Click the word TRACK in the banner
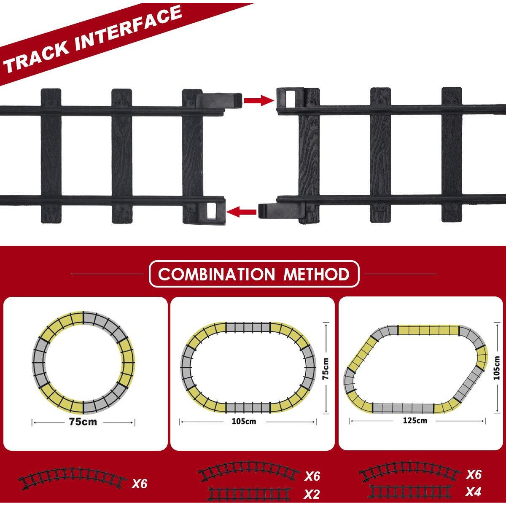(36, 56)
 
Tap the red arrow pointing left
(241, 212)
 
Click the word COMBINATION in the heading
(216, 275)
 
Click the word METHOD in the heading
(316, 275)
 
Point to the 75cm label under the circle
(83, 422)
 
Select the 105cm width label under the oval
(244, 421)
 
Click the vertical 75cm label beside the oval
(326, 369)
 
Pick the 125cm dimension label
(415, 420)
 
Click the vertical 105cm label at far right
(496, 368)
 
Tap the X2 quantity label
(312, 494)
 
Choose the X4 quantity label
(473, 492)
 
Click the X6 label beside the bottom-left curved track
(140, 484)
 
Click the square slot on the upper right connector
(291, 99)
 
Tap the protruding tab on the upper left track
(218, 101)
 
